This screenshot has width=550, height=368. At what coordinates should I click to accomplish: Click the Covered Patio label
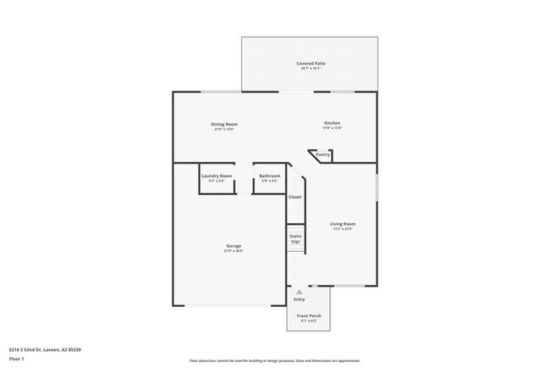coord(311,64)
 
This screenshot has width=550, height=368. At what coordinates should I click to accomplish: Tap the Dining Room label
coord(223,124)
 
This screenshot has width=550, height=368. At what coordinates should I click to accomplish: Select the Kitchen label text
coord(332,124)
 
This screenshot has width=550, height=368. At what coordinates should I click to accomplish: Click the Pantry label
coord(322,155)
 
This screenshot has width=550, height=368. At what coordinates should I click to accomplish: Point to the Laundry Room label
coord(217,176)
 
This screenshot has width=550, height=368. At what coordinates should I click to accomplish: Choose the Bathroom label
coord(270,176)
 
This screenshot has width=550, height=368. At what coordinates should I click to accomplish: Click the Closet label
coord(294,197)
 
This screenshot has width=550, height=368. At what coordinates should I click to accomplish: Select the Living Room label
coord(342,224)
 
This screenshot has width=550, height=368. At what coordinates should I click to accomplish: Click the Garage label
coord(234,246)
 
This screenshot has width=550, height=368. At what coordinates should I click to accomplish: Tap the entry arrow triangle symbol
coord(299,291)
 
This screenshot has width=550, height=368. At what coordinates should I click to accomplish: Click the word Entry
coord(299,299)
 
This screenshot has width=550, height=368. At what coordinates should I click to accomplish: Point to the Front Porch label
coord(309,315)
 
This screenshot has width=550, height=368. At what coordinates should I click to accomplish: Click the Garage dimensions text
coord(234,251)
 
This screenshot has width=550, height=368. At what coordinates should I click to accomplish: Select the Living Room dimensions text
coord(342,229)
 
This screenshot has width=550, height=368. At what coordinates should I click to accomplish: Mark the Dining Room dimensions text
coord(223,129)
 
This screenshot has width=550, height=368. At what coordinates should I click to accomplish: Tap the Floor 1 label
coord(17,359)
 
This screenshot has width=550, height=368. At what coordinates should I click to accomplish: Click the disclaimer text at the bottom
coord(274,360)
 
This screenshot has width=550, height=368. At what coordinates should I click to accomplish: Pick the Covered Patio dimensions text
coord(311,69)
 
